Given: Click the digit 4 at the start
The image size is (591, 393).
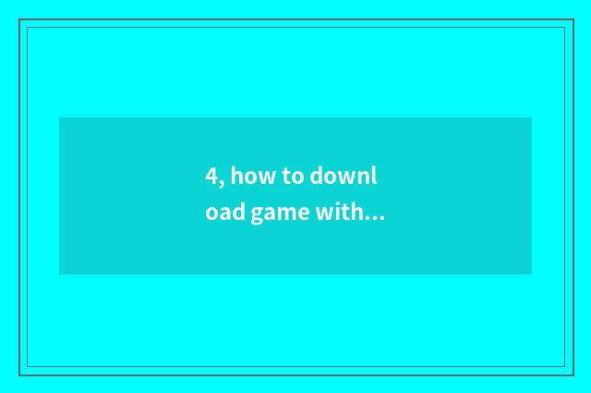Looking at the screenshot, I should click(x=211, y=176).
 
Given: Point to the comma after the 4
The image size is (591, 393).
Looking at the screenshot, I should click(x=222, y=182).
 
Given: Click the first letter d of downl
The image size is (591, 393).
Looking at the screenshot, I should click(x=318, y=176).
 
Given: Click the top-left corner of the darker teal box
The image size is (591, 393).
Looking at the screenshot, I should click(x=60, y=118).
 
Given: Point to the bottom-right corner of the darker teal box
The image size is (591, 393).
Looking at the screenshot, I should click(x=531, y=274).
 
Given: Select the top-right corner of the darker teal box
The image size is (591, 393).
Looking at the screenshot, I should click(x=531, y=118).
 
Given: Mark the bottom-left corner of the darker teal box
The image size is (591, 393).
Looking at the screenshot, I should click(x=60, y=274).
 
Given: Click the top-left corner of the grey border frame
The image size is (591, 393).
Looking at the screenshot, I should click(x=19, y=20).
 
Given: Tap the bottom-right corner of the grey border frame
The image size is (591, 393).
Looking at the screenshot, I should click(x=573, y=375).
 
